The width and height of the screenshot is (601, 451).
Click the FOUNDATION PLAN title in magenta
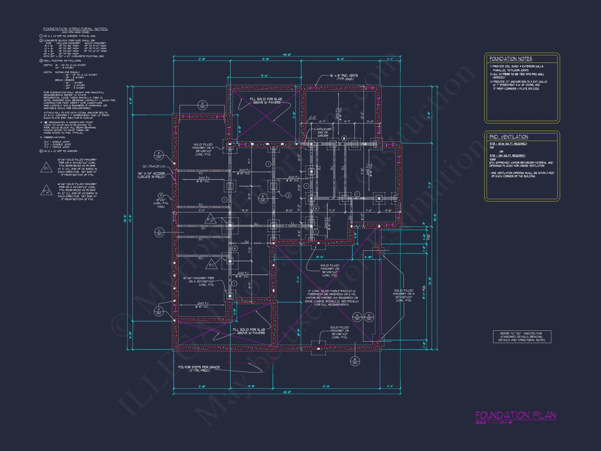(x=515, y=415)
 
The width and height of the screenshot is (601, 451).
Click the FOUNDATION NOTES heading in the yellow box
(x=511, y=59)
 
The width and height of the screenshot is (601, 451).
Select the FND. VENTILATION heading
(x=508, y=137)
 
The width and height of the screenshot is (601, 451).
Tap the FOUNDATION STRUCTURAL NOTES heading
(x=75, y=29)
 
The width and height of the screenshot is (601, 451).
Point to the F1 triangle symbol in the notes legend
(x=46, y=168)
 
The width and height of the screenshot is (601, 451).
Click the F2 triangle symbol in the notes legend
(x=46, y=191)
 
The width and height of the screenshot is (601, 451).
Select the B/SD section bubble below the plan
(x=355, y=361)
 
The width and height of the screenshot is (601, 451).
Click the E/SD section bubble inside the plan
(x=263, y=198)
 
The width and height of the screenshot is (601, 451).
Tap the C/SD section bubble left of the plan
(x=159, y=232)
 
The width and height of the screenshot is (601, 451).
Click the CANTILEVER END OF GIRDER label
(x=323, y=132)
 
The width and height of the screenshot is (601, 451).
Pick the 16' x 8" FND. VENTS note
(x=344, y=77)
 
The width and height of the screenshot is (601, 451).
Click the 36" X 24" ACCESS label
(x=151, y=175)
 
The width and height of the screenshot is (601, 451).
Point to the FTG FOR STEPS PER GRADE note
(x=199, y=369)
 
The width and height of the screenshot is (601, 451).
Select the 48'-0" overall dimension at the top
(x=287, y=55)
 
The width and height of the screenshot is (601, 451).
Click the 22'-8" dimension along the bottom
(x=326, y=386)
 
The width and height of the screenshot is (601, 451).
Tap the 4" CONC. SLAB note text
(x=331, y=298)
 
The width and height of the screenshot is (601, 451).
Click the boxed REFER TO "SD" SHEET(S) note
(x=522, y=337)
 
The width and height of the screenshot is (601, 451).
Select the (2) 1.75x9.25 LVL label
(x=154, y=166)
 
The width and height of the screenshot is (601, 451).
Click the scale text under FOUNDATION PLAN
(x=494, y=422)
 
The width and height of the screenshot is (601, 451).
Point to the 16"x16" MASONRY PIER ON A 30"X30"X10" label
(x=199, y=281)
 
